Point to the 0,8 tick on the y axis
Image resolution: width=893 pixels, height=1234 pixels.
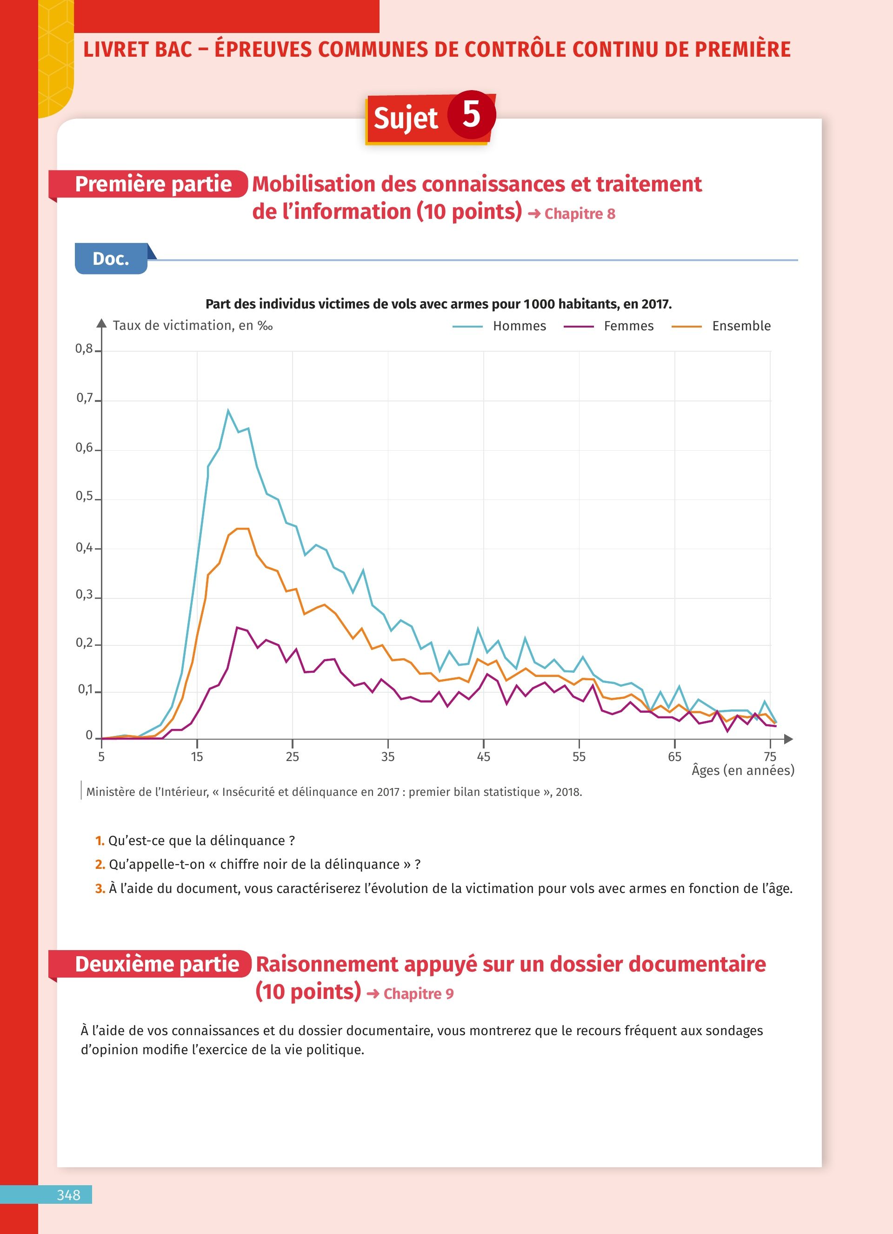tap(84, 349)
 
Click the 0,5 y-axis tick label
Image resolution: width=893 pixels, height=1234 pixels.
tap(84, 496)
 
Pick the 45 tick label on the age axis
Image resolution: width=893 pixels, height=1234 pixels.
tap(484, 756)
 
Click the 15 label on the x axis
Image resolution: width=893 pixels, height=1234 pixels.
tap(197, 756)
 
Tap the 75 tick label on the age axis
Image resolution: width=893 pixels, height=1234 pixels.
tap(770, 756)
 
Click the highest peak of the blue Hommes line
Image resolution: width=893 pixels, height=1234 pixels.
tap(228, 410)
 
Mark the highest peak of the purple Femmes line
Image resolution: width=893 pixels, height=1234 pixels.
tap(237, 627)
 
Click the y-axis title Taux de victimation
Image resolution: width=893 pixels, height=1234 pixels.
tap(192, 325)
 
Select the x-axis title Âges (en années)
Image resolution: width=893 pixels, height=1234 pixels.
tap(743, 770)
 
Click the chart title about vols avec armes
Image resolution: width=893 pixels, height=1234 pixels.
tap(438, 303)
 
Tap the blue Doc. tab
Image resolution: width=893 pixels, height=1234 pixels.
tap(111, 258)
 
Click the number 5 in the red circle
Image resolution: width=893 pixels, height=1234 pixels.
tap(471, 115)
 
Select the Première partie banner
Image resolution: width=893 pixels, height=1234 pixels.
tap(153, 184)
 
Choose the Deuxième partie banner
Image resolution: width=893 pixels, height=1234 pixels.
tap(157, 964)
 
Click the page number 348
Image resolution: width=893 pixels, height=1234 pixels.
tap(69, 1195)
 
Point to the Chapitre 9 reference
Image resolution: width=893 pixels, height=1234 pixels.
tap(418, 993)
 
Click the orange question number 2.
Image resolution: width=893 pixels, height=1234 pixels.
tap(100, 865)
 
